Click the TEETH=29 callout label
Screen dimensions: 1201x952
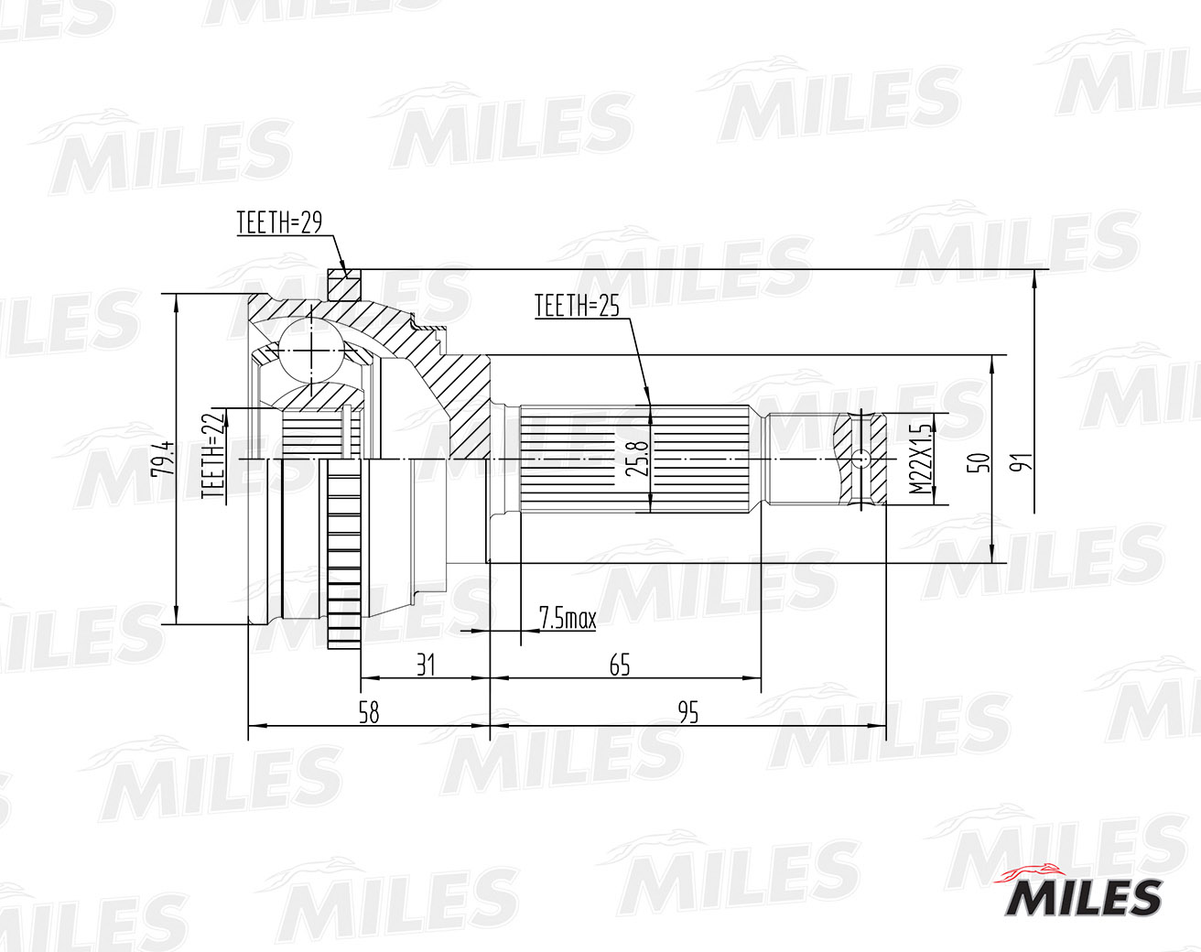[x=279, y=222]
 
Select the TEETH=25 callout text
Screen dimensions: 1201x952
[x=577, y=306]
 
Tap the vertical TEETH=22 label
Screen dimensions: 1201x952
[x=214, y=454]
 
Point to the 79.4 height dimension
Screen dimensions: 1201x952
[x=163, y=458]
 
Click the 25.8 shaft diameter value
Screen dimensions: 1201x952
[x=636, y=458]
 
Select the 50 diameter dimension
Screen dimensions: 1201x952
[x=979, y=462]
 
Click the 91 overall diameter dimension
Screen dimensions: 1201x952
[x=1021, y=462]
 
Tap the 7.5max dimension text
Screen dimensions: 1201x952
[x=568, y=618]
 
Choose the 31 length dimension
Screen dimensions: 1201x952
[x=426, y=665]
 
